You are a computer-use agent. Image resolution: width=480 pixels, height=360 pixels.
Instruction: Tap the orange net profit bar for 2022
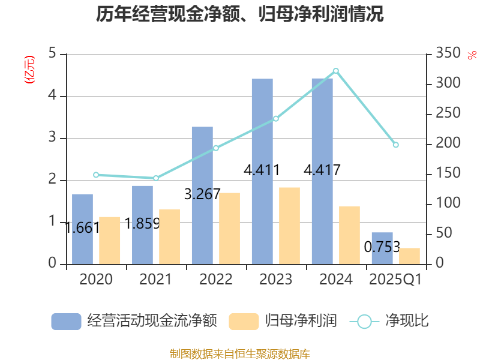[x=229, y=228]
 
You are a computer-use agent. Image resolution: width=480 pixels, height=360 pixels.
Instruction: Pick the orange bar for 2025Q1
[x=409, y=256]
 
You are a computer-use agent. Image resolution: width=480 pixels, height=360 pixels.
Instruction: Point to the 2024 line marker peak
[x=336, y=71]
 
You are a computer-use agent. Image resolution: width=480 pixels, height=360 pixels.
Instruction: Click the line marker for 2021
[x=156, y=178]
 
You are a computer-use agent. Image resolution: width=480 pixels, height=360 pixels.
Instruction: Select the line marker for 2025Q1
[x=395, y=145]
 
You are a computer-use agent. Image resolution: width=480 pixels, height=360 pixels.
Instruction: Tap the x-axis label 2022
[x=216, y=280]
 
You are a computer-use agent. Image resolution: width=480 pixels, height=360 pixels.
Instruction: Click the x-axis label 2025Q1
[x=395, y=280]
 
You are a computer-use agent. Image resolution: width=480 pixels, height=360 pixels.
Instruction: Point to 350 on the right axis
[x=446, y=54]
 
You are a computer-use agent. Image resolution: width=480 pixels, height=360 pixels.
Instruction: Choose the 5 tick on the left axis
[x=52, y=54]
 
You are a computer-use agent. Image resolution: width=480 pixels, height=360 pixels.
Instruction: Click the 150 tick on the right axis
[x=446, y=174]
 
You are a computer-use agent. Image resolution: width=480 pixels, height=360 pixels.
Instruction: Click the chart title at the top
[x=240, y=14]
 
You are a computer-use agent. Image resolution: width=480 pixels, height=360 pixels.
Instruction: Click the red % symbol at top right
[x=472, y=55]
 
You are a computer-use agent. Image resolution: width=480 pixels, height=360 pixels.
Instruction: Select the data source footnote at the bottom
[x=240, y=353]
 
